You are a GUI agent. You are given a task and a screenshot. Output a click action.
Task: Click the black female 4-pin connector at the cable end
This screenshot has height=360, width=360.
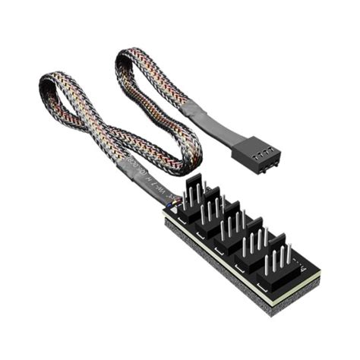pos(257,155)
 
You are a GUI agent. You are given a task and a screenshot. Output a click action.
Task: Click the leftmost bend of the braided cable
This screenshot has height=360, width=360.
pos(47,85)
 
